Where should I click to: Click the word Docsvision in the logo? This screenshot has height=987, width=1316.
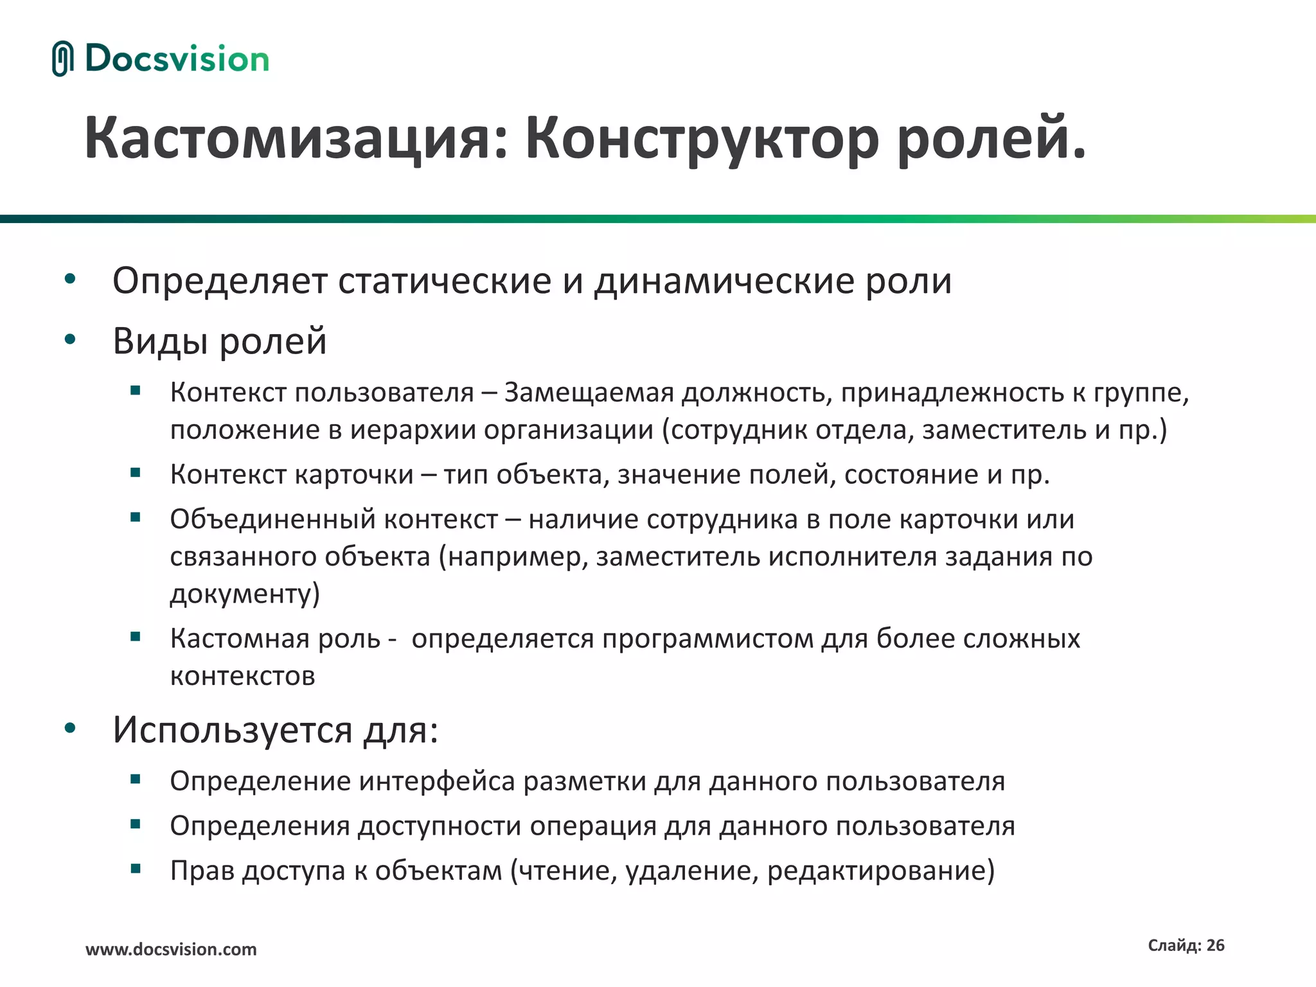pos(177,58)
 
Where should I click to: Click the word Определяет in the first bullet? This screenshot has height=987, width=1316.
pos(220,281)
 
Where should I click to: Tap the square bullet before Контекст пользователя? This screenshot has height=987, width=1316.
pos(135,390)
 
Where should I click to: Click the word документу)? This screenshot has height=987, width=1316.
pos(245,594)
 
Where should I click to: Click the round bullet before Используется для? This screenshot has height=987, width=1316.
pos(70,728)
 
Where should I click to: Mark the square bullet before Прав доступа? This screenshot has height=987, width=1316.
pos(135,869)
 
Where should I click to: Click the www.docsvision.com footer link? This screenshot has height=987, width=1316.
pos(171,950)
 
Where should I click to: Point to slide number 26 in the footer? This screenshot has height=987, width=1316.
pos(1215,945)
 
